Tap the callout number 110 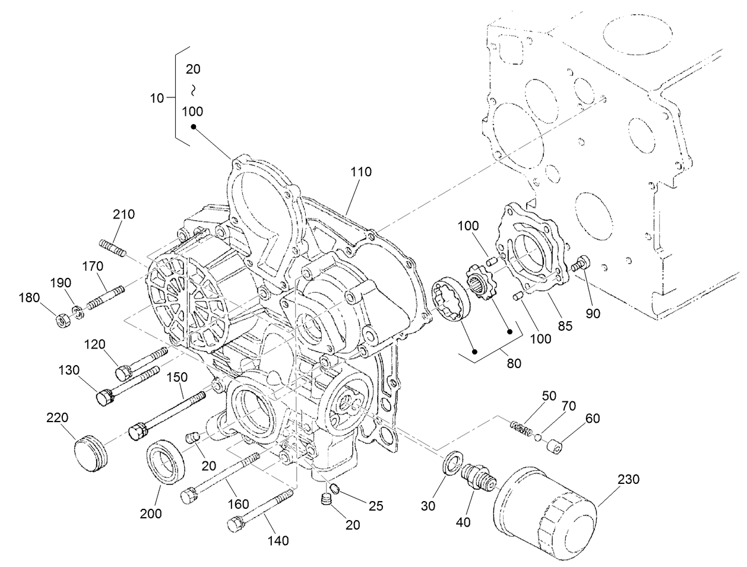point(361,172)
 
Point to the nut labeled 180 point(61,321)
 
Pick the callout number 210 point(124,214)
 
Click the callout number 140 point(278,540)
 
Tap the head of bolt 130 point(105,397)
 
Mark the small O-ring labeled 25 point(334,489)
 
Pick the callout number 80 point(514,363)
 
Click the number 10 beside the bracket point(157,99)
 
